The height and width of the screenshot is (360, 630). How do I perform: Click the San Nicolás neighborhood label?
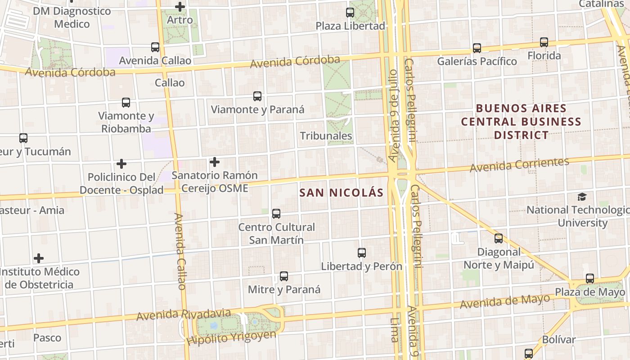[x=342, y=193]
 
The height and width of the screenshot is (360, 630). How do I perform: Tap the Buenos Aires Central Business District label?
[x=521, y=121]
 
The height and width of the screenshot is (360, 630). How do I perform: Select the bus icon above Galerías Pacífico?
[x=477, y=48]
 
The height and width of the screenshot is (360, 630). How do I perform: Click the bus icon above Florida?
[x=544, y=42]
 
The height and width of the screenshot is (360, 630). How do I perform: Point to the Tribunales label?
[x=326, y=135]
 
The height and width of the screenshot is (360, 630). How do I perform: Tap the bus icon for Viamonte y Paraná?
[x=257, y=96]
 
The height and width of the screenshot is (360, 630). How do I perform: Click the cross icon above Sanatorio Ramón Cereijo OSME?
[x=215, y=162]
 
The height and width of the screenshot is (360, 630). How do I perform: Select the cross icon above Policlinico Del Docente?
[x=121, y=164]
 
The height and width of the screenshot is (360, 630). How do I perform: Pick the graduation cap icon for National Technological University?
[x=582, y=197]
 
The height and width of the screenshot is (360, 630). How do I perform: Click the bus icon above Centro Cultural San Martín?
[x=276, y=213]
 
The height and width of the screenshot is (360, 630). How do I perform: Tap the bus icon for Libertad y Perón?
[x=362, y=252]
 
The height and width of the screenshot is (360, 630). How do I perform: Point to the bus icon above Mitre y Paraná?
[x=284, y=276]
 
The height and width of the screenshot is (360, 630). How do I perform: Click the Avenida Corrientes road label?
[x=519, y=165]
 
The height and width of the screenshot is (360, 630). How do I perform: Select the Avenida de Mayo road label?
[x=504, y=301]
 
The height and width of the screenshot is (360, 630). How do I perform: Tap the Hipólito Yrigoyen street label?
[x=231, y=337]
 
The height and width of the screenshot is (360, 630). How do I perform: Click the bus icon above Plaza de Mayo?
[x=590, y=279]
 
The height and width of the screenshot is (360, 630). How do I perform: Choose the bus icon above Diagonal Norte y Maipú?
[x=499, y=238]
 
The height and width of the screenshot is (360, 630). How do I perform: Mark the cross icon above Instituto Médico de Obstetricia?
[x=39, y=258]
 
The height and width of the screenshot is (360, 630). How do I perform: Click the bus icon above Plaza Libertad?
[x=350, y=12]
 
